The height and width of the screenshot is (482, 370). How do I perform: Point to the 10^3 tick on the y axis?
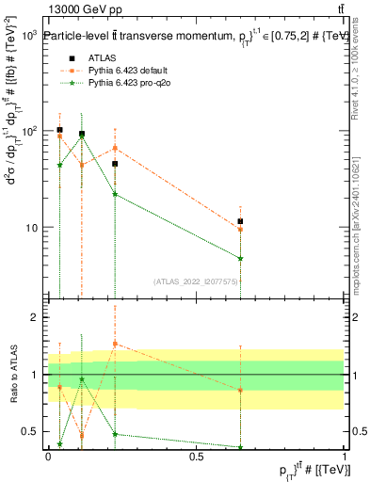[x=28, y=35]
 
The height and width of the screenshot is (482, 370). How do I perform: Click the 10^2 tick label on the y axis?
[x=28, y=131]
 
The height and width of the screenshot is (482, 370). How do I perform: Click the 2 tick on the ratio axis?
[x=35, y=317]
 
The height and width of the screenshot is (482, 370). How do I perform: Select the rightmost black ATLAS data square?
[x=241, y=221]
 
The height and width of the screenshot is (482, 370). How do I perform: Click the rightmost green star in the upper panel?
[x=241, y=258]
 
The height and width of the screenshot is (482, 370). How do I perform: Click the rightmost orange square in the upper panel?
[x=241, y=229]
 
